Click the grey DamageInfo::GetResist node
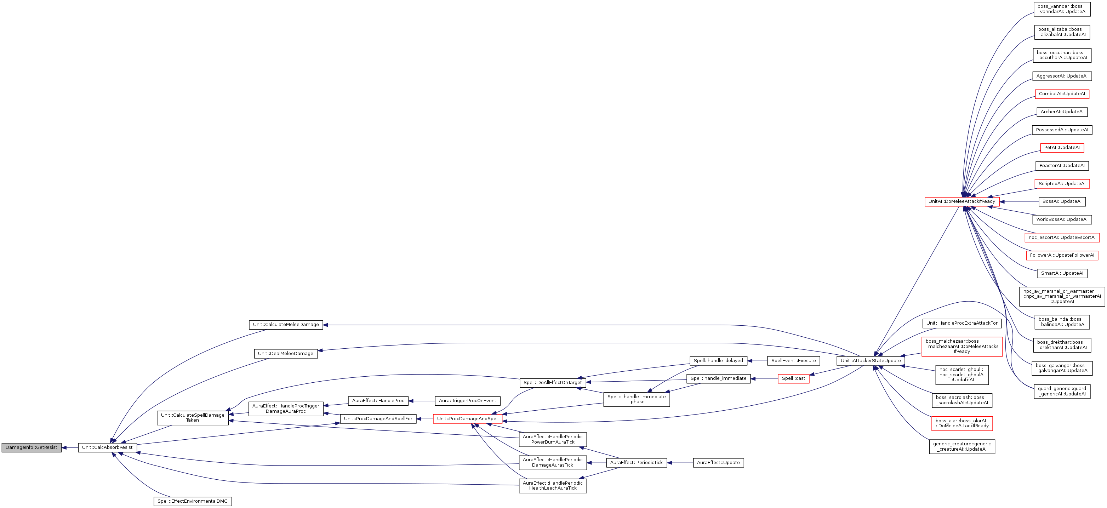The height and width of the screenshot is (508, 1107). (x=32, y=447)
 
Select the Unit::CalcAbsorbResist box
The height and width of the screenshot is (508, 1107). (x=107, y=447)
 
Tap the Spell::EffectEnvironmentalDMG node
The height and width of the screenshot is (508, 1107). (x=193, y=501)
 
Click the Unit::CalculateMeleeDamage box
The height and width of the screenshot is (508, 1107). (x=286, y=325)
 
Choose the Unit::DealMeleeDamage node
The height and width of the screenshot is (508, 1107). (x=286, y=354)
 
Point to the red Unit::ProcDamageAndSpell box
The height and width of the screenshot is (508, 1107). (x=468, y=418)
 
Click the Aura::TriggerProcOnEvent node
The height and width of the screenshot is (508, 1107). (x=468, y=400)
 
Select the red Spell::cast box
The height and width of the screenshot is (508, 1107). (x=793, y=379)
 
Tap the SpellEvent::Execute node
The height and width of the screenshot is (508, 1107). (x=793, y=361)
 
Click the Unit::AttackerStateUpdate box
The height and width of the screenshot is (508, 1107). (x=871, y=361)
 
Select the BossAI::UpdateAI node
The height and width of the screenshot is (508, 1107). (x=1062, y=201)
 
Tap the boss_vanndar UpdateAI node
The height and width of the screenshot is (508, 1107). (x=1062, y=9)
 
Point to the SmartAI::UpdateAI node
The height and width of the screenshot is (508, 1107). (x=1062, y=273)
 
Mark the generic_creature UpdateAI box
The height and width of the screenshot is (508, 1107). (x=962, y=446)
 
